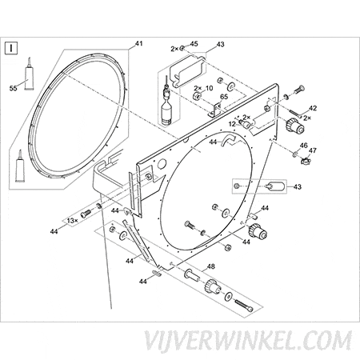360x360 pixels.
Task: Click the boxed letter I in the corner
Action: click(11, 48)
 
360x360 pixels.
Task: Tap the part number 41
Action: click(138, 43)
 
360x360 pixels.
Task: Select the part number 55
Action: click(14, 88)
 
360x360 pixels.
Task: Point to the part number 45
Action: click(194, 44)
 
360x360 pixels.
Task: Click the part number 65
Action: click(224, 97)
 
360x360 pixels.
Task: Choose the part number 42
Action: click(313, 108)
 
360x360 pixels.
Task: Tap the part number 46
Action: click(303, 146)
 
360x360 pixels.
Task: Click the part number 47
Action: click(312, 150)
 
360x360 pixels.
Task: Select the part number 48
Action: click(210, 266)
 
